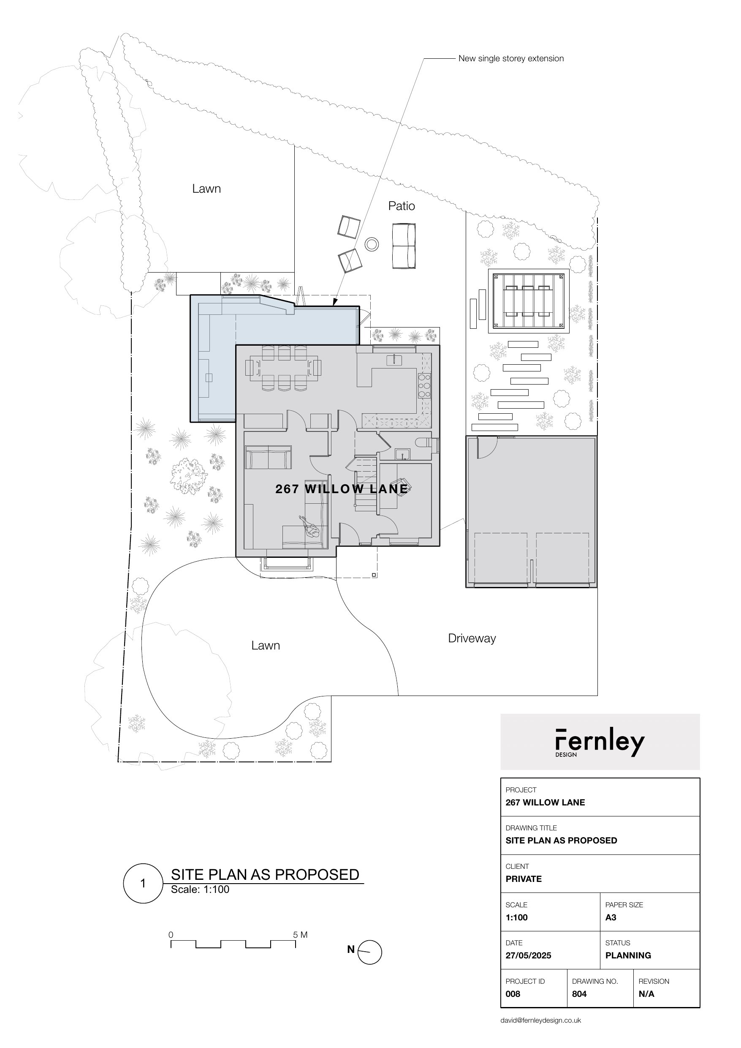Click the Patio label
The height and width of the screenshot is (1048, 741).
[x=402, y=206]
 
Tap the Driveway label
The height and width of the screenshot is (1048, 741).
[x=472, y=639]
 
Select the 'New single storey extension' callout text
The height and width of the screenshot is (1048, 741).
[x=511, y=58]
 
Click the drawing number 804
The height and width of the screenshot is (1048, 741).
[x=579, y=994]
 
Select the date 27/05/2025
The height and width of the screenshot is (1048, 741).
[x=528, y=955]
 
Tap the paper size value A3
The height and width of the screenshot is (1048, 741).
[x=611, y=917]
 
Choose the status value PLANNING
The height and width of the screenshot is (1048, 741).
[x=628, y=955]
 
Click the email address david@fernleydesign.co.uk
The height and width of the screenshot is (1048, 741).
[x=541, y=1020]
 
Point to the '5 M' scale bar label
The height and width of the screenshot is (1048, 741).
[x=300, y=935]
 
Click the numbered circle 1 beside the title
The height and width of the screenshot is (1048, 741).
[x=143, y=884]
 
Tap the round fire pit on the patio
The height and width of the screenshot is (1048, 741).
[x=372, y=244]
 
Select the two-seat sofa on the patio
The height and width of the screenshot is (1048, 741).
[x=404, y=246]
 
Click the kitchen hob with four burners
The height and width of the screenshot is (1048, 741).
[x=424, y=386]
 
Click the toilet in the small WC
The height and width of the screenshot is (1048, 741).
[x=426, y=442]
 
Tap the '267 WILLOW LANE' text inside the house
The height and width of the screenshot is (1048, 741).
[x=342, y=489]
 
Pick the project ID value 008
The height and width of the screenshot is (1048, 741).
[x=513, y=994]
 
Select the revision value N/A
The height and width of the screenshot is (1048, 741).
[x=646, y=994]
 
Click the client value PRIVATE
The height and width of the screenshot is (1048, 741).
[x=524, y=879]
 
